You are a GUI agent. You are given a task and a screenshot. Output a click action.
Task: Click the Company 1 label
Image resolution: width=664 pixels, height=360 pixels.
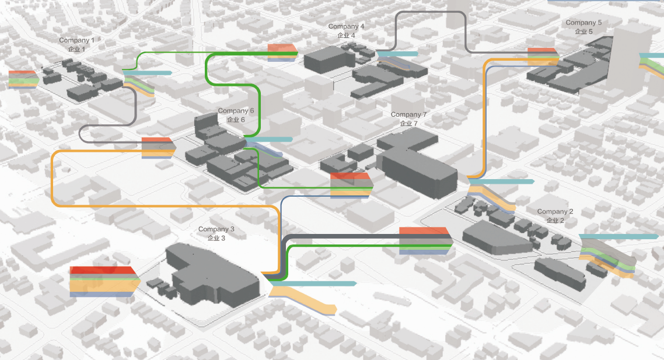coord(76,44)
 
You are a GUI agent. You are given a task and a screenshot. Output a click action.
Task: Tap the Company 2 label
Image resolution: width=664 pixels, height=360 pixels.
coord(555,215)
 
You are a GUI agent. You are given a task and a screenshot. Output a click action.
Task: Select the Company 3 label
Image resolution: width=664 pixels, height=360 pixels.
coord(216,233)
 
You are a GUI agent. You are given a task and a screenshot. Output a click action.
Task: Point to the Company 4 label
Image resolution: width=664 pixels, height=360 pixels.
coord(346,30)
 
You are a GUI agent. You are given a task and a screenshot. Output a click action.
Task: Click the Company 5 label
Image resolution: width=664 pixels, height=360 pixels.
coord(583,26)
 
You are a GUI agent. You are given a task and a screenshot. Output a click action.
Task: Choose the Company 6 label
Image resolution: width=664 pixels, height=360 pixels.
coord(236,114)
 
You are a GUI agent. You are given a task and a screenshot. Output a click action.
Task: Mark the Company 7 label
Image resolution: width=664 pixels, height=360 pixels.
coord(408,118)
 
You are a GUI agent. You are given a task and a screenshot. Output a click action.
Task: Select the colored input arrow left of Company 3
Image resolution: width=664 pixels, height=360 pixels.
coord(103,281)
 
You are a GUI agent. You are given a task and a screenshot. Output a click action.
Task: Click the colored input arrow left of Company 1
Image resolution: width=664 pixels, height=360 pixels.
coord(22,78)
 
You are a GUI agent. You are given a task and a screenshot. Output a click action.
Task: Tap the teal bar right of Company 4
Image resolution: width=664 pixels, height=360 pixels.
coord(399,54)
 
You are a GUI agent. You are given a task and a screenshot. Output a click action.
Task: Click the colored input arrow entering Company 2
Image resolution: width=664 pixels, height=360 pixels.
coord(424,240)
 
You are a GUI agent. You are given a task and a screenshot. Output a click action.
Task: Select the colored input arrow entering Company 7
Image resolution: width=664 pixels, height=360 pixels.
coord(351,184)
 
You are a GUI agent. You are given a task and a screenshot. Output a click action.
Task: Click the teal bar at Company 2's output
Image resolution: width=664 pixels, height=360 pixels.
coord(618,236)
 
